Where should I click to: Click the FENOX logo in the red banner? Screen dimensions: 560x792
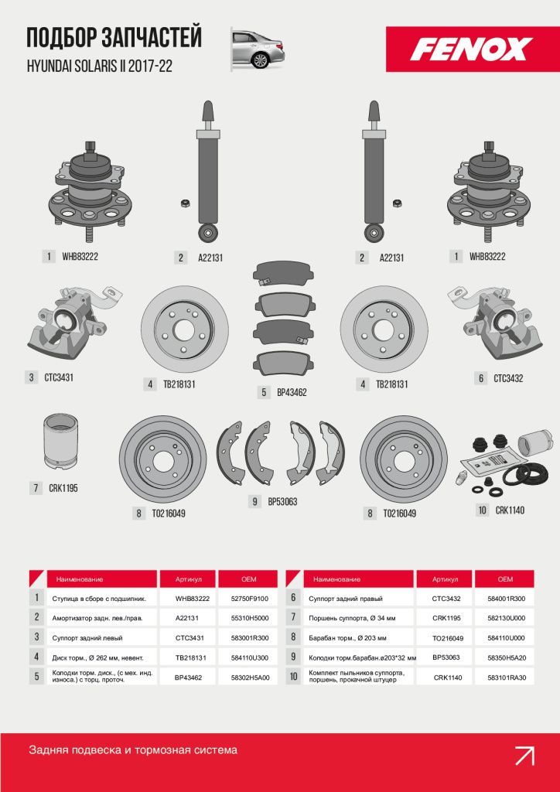click(471, 49)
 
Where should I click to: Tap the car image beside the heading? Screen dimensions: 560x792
click(258, 49)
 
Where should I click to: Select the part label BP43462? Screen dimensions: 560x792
click(292, 392)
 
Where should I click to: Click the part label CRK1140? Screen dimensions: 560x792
click(510, 510)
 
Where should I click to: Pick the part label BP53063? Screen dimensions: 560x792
click(282, 501)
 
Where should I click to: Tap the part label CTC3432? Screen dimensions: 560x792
click(508, 377)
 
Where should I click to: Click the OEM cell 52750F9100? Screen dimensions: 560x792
click(250, 599)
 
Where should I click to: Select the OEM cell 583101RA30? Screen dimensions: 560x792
click(505, 678)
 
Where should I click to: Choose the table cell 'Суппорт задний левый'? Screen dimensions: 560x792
click(87, 638)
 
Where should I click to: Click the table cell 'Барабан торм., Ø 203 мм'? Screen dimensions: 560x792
click(347, 638)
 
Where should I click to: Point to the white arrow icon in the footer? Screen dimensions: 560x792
click(524, 756)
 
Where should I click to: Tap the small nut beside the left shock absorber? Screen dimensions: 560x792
click(185, 203)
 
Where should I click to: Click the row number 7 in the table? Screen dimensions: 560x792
click(293, 617)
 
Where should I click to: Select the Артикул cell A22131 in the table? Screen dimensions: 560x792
click(188, 617)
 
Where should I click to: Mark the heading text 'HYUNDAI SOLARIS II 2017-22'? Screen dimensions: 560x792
click(100, 67)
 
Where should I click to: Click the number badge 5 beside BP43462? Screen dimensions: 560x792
click(264, 392)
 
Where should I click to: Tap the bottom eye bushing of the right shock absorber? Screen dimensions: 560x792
click(374, 234)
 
